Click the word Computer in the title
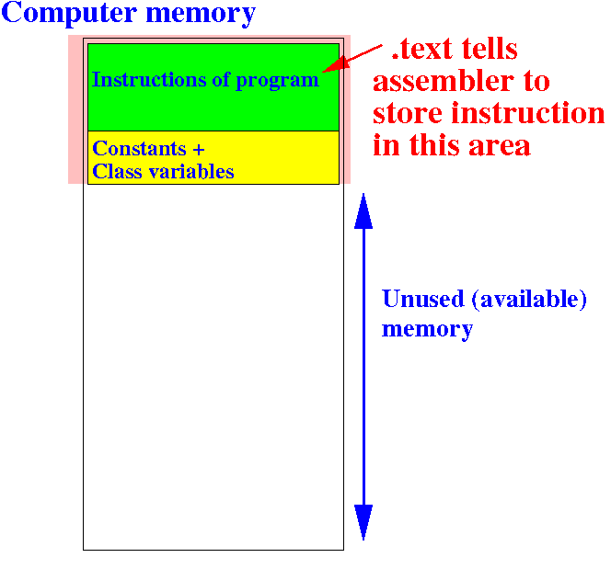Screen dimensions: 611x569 69,14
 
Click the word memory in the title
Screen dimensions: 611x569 201,16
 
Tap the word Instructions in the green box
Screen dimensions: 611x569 149,80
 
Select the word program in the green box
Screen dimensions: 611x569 278,82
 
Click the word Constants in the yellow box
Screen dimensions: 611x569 140,149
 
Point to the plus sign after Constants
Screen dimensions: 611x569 199,150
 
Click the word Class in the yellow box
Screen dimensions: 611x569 117,172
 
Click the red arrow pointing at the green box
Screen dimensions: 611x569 352,59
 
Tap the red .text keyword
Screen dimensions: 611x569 422,49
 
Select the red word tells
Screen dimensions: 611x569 490,49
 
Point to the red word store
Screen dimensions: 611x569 408,113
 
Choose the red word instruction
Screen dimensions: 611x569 528,113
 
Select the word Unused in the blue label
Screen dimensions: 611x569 423,299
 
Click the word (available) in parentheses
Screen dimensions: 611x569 529,300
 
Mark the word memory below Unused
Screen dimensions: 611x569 428,330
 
